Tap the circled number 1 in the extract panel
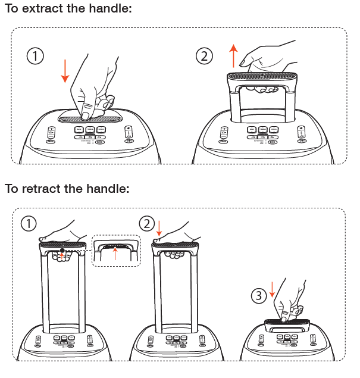pos(36,56)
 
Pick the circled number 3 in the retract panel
pos(256,295)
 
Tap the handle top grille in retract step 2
pos(176,244)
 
